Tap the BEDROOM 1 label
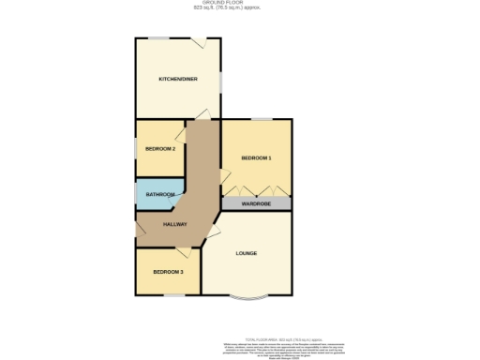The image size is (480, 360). point(256,157)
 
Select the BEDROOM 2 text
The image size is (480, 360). point(160,149)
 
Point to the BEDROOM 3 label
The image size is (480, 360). point(169,272)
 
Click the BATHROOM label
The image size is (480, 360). point(160,195)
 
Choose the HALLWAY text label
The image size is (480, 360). point(175,224)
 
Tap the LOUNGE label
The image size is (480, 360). point(247,253)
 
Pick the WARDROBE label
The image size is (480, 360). point(256,203)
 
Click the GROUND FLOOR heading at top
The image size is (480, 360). point(241,3)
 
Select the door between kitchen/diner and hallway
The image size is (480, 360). point(202,114)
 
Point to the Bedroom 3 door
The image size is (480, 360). point(183,251)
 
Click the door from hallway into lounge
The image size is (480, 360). point(215,229)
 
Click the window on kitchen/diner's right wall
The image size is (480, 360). point(221,82)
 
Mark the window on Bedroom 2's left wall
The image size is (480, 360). point(136,148)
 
